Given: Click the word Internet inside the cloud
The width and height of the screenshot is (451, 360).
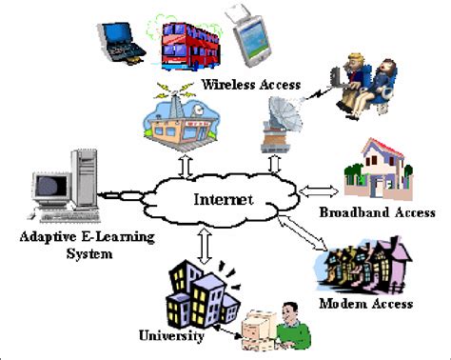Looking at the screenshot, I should tap(225, 201).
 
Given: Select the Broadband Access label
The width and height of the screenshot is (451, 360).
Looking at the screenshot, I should tap(377, 212).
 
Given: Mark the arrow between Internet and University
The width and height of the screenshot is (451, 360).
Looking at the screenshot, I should tap(204, 244).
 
